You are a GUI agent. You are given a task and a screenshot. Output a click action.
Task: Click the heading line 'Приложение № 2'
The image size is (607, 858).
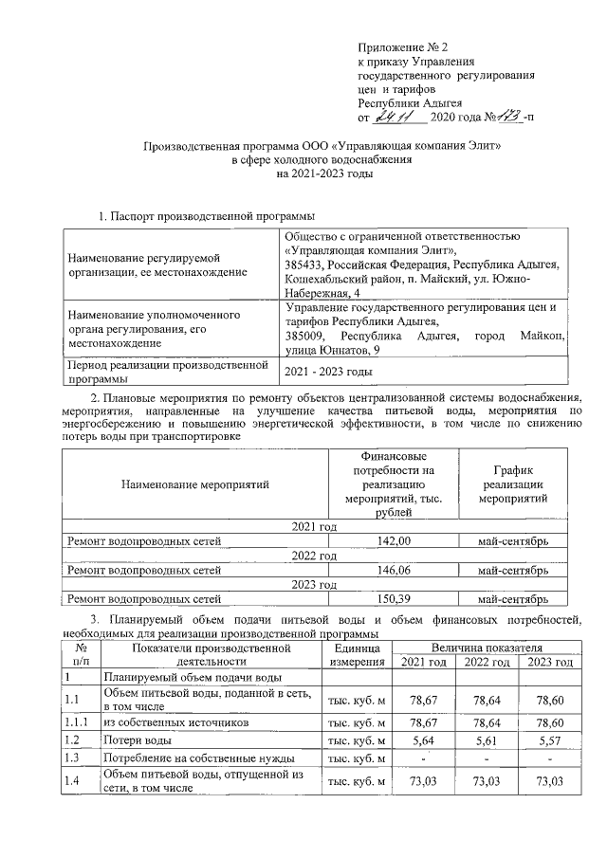click(x=401, y=46)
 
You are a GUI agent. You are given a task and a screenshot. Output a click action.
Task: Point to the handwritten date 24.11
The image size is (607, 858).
click(x=392, y=117)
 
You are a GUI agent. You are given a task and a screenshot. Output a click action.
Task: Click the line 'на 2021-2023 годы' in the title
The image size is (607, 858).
click(x=321, y=174)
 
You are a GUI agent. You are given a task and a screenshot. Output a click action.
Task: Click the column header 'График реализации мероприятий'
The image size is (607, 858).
click(x=513, y=484)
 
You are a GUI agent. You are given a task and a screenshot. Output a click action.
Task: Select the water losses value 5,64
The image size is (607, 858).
click(x=424, y=739)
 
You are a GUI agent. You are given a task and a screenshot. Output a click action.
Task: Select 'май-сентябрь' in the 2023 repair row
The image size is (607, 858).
click(x=513, y=599)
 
